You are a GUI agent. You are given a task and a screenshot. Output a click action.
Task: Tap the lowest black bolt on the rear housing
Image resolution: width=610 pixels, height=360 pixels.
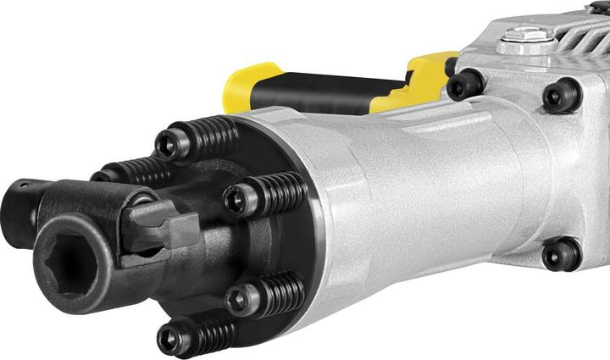[x=560, y=252]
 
